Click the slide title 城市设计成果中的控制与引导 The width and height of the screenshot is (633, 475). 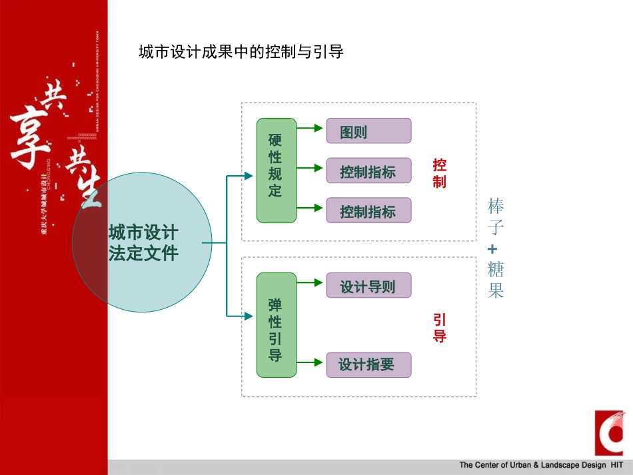pyautogui.click(x=241, y=52)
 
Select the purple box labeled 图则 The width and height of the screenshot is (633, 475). pyautogui.click(x=368, y=131)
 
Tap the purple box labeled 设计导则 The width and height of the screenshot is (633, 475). pyautogui.click(x=368, y=286)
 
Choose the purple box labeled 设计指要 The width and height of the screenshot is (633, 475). pyautogui.click(x=368, y=365)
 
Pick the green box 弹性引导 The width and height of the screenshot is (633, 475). pyautogui.click(x=276, y=329)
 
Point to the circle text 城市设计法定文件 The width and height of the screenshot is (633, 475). pyautogui.click(x=143, y=242)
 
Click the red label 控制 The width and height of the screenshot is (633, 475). pyautogui.click(x=439, y=173)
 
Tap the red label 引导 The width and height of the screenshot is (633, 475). pyautogui.click(x=439, y=328)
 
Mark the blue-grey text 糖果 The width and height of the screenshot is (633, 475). pyautogui.click(x=495, y=280)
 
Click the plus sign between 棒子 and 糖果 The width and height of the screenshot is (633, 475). pyautogui.click(x=492, y=249)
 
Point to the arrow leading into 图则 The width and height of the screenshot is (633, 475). pyautogui.click(x=311, y=127)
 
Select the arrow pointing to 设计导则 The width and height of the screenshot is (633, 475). pyautogui.click(x=311, y=282)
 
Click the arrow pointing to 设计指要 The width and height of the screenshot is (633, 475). pyautogui.click(x=311, y=362)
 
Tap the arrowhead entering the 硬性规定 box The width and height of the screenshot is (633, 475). pyautogui.click(x=249, y=176)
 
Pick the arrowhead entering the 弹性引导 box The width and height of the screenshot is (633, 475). pyautogui.click(x=249, y=315)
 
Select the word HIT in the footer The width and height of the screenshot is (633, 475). pyautogui.click(x=616, y=465)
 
